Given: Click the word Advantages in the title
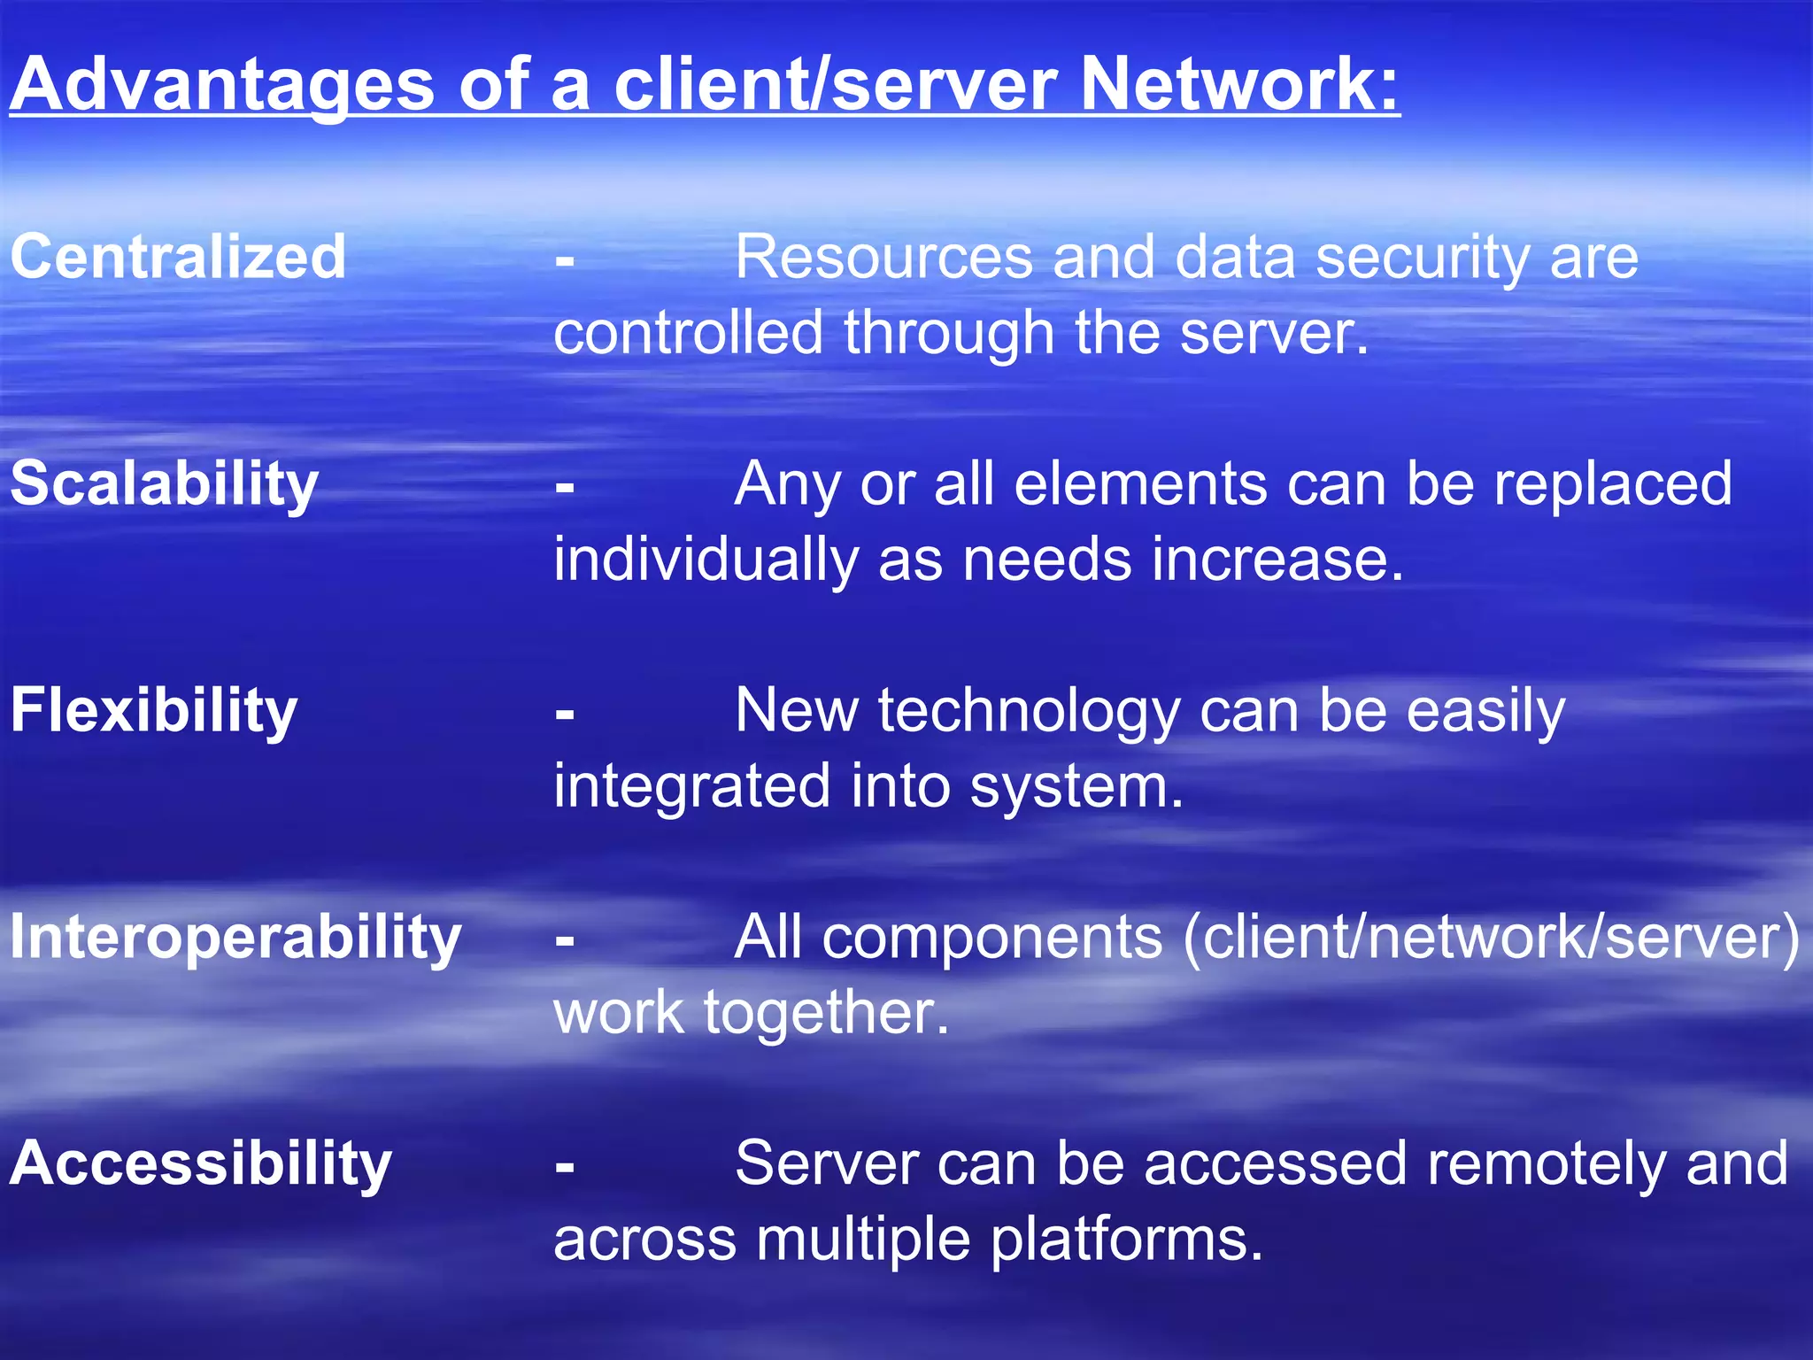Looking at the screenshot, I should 221,84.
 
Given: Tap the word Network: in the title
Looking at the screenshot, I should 1239,84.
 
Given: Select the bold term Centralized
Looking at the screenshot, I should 177,257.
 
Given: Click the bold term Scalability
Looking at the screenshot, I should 164,483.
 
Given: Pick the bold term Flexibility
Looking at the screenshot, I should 153,710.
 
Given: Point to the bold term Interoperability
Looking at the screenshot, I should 235,937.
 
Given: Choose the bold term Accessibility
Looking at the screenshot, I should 200,1163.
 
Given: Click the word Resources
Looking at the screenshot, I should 883,257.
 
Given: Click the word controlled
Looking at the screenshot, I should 688,333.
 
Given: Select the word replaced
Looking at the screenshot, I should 1613,485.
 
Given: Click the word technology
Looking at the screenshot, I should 1029,712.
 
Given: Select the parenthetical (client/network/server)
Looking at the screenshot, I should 1491,937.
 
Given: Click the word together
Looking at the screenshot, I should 825,1012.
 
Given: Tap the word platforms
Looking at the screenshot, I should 1125,1240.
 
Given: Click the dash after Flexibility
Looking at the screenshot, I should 565,713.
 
